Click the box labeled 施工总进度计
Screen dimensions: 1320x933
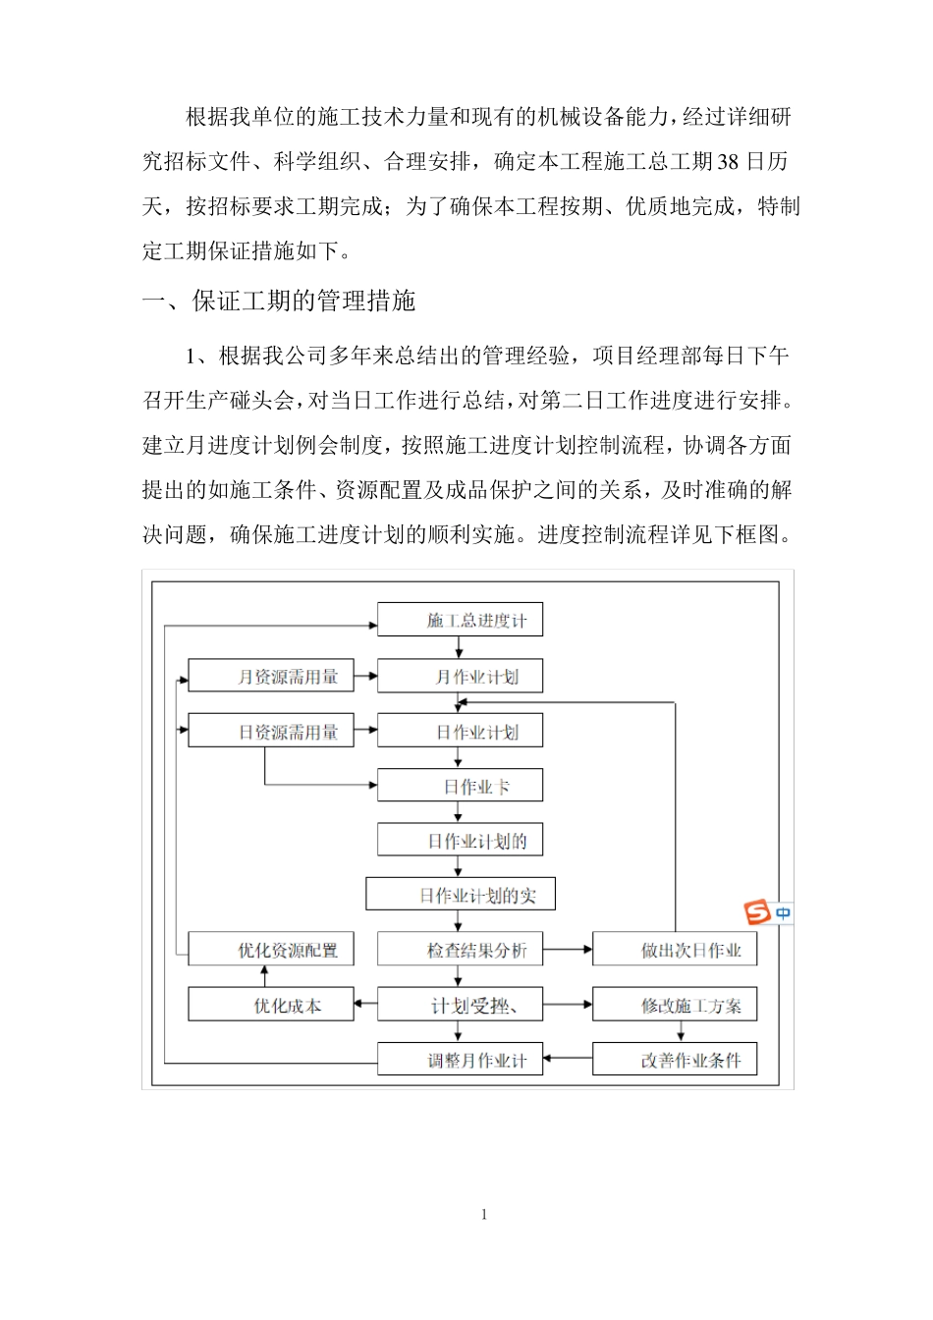[x=460, y=620]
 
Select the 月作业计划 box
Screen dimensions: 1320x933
[x=460, y=676]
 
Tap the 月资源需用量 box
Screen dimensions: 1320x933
[x=271, y=676]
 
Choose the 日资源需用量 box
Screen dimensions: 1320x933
[x=271, y=731]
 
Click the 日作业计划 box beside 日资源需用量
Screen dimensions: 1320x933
[x=460, y=731]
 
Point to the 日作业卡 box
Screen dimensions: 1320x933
[x=460, y=786]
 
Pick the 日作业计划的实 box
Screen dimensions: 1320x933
[x=461, y=895]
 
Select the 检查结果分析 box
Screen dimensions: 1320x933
[x=460, y=950]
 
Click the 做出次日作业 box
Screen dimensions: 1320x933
[x=675, y=950]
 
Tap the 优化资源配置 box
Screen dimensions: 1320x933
[x=271, y=950]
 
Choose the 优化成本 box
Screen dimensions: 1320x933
[x=271, y=1005]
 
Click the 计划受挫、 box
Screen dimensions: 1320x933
[x=460, y=1005]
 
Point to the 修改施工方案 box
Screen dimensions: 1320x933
[x=675, y=1005]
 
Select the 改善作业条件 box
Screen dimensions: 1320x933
[x=675, y=1060]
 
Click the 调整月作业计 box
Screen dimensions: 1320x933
[x=460, y=1060]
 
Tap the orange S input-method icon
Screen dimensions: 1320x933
[x=757, y=913]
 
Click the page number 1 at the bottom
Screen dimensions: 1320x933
[x=484, y=1215]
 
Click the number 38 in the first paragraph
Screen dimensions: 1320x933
[x=728, y=162]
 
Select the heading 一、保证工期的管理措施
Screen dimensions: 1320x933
[x=279, y=301]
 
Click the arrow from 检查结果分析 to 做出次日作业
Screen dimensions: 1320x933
[x=568, y=950]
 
